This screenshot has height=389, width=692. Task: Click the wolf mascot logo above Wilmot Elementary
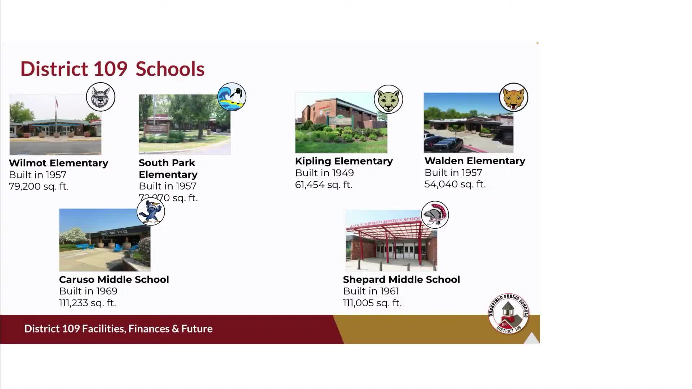coord(101,97)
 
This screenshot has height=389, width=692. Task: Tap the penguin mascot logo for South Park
coord(232,97)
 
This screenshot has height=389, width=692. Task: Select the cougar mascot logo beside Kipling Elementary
coord(388,99)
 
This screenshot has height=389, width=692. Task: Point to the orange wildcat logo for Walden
coord(514,98)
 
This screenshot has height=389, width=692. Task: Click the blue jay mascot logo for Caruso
coord(151,212)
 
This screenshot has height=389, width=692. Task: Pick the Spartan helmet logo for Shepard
coord(435,215)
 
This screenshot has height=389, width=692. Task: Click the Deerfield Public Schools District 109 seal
coord(508,313)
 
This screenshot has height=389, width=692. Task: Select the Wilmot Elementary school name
coord(58,163)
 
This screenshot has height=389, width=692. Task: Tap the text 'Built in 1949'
coord(324,173)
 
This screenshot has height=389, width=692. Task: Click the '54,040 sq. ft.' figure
coord(455,184)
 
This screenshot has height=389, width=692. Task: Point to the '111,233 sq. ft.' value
coord(88,303)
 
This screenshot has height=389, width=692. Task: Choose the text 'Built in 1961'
coord(371,291)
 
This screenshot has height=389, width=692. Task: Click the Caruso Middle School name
coord(114,280)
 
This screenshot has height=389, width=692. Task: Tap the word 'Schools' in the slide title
coord(170,69)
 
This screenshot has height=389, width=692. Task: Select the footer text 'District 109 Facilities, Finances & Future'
coord(118,329)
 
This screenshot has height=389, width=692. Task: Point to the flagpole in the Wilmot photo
coord(56,115)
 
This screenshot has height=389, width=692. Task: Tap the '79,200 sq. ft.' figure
coord(39,187)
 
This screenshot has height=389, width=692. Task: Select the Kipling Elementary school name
coord(344,161)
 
